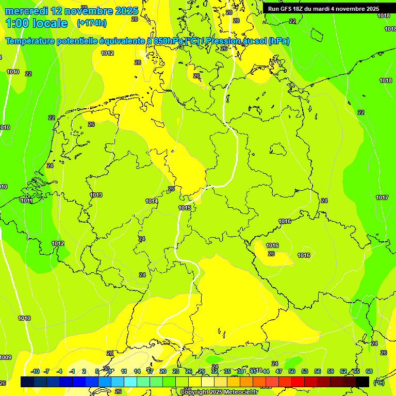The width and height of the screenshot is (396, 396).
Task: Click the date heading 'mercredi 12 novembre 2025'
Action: click(71, 11)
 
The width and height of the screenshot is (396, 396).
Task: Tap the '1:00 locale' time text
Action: click(37, 23)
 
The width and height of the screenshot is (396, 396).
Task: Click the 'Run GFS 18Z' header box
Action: click(323, 8)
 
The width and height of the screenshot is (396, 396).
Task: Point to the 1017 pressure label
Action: click(382, 197)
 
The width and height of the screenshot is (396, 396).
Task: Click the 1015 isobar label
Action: click(185, 208)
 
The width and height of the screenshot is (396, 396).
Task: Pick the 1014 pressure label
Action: click(152, 201)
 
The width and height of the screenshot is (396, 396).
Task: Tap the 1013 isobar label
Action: click(96, 195)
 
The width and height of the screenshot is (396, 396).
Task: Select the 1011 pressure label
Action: click(27, 201)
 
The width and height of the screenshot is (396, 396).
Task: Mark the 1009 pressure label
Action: click(5, 357)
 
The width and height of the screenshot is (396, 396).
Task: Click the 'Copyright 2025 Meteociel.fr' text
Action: click(219, 392)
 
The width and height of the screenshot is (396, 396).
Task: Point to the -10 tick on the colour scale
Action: click(36, 371)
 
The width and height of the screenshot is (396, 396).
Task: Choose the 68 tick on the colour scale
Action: click(369, 371)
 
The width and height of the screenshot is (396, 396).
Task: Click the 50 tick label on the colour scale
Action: click(292, 371)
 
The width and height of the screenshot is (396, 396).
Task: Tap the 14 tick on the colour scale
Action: click(137, 371)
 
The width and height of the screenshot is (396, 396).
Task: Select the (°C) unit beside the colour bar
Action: click(379, 382)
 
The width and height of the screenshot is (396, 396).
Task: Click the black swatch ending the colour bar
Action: click(362, 382)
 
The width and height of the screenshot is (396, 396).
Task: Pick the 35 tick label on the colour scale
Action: click(227, 371)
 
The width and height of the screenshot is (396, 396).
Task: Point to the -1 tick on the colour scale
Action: click(72, 371)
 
